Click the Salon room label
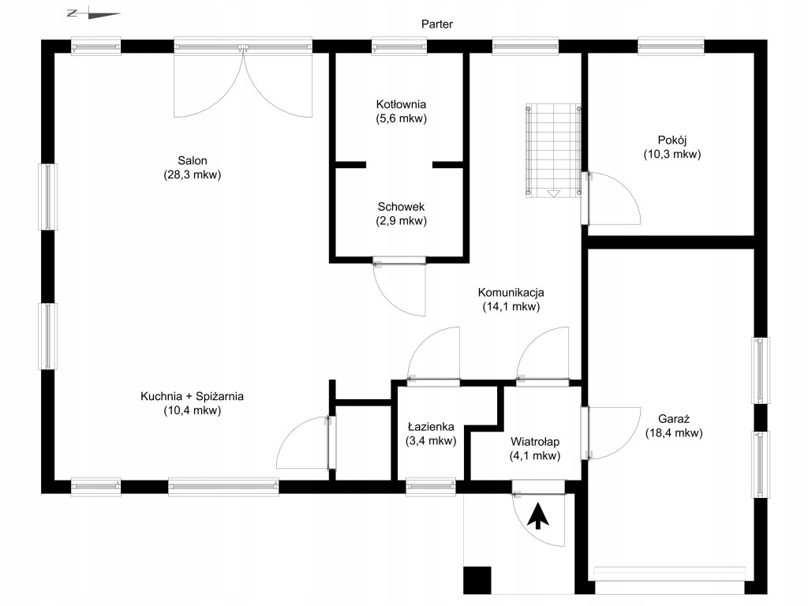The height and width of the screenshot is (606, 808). pos(193,161)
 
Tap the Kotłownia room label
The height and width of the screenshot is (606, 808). pos(401,105)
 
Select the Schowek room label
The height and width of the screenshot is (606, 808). pos(401,208)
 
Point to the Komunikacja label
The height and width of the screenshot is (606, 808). pos(511,293)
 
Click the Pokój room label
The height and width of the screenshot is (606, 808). pos(672,140)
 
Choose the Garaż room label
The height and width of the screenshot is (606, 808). pos(674,419)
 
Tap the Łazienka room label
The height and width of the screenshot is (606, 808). pos(431,427)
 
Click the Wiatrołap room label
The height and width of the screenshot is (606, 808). pos(535,442)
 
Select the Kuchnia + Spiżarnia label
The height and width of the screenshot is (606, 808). pos(193,396)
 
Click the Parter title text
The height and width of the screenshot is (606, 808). pos(437,24)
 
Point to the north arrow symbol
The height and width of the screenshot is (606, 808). pos(94,14)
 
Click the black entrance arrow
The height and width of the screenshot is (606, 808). pos(538,516)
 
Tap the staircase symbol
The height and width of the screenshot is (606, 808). pos(553,151)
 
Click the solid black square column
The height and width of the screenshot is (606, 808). pos(477,580)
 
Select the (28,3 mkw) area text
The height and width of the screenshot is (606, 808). pos(193,174)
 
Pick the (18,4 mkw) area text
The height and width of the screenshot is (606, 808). pos(674,433)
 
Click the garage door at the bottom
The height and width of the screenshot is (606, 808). pos(670,574)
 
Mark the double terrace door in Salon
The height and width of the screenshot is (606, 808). pos(243,77)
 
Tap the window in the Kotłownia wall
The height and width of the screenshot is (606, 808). pos(398,47)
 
